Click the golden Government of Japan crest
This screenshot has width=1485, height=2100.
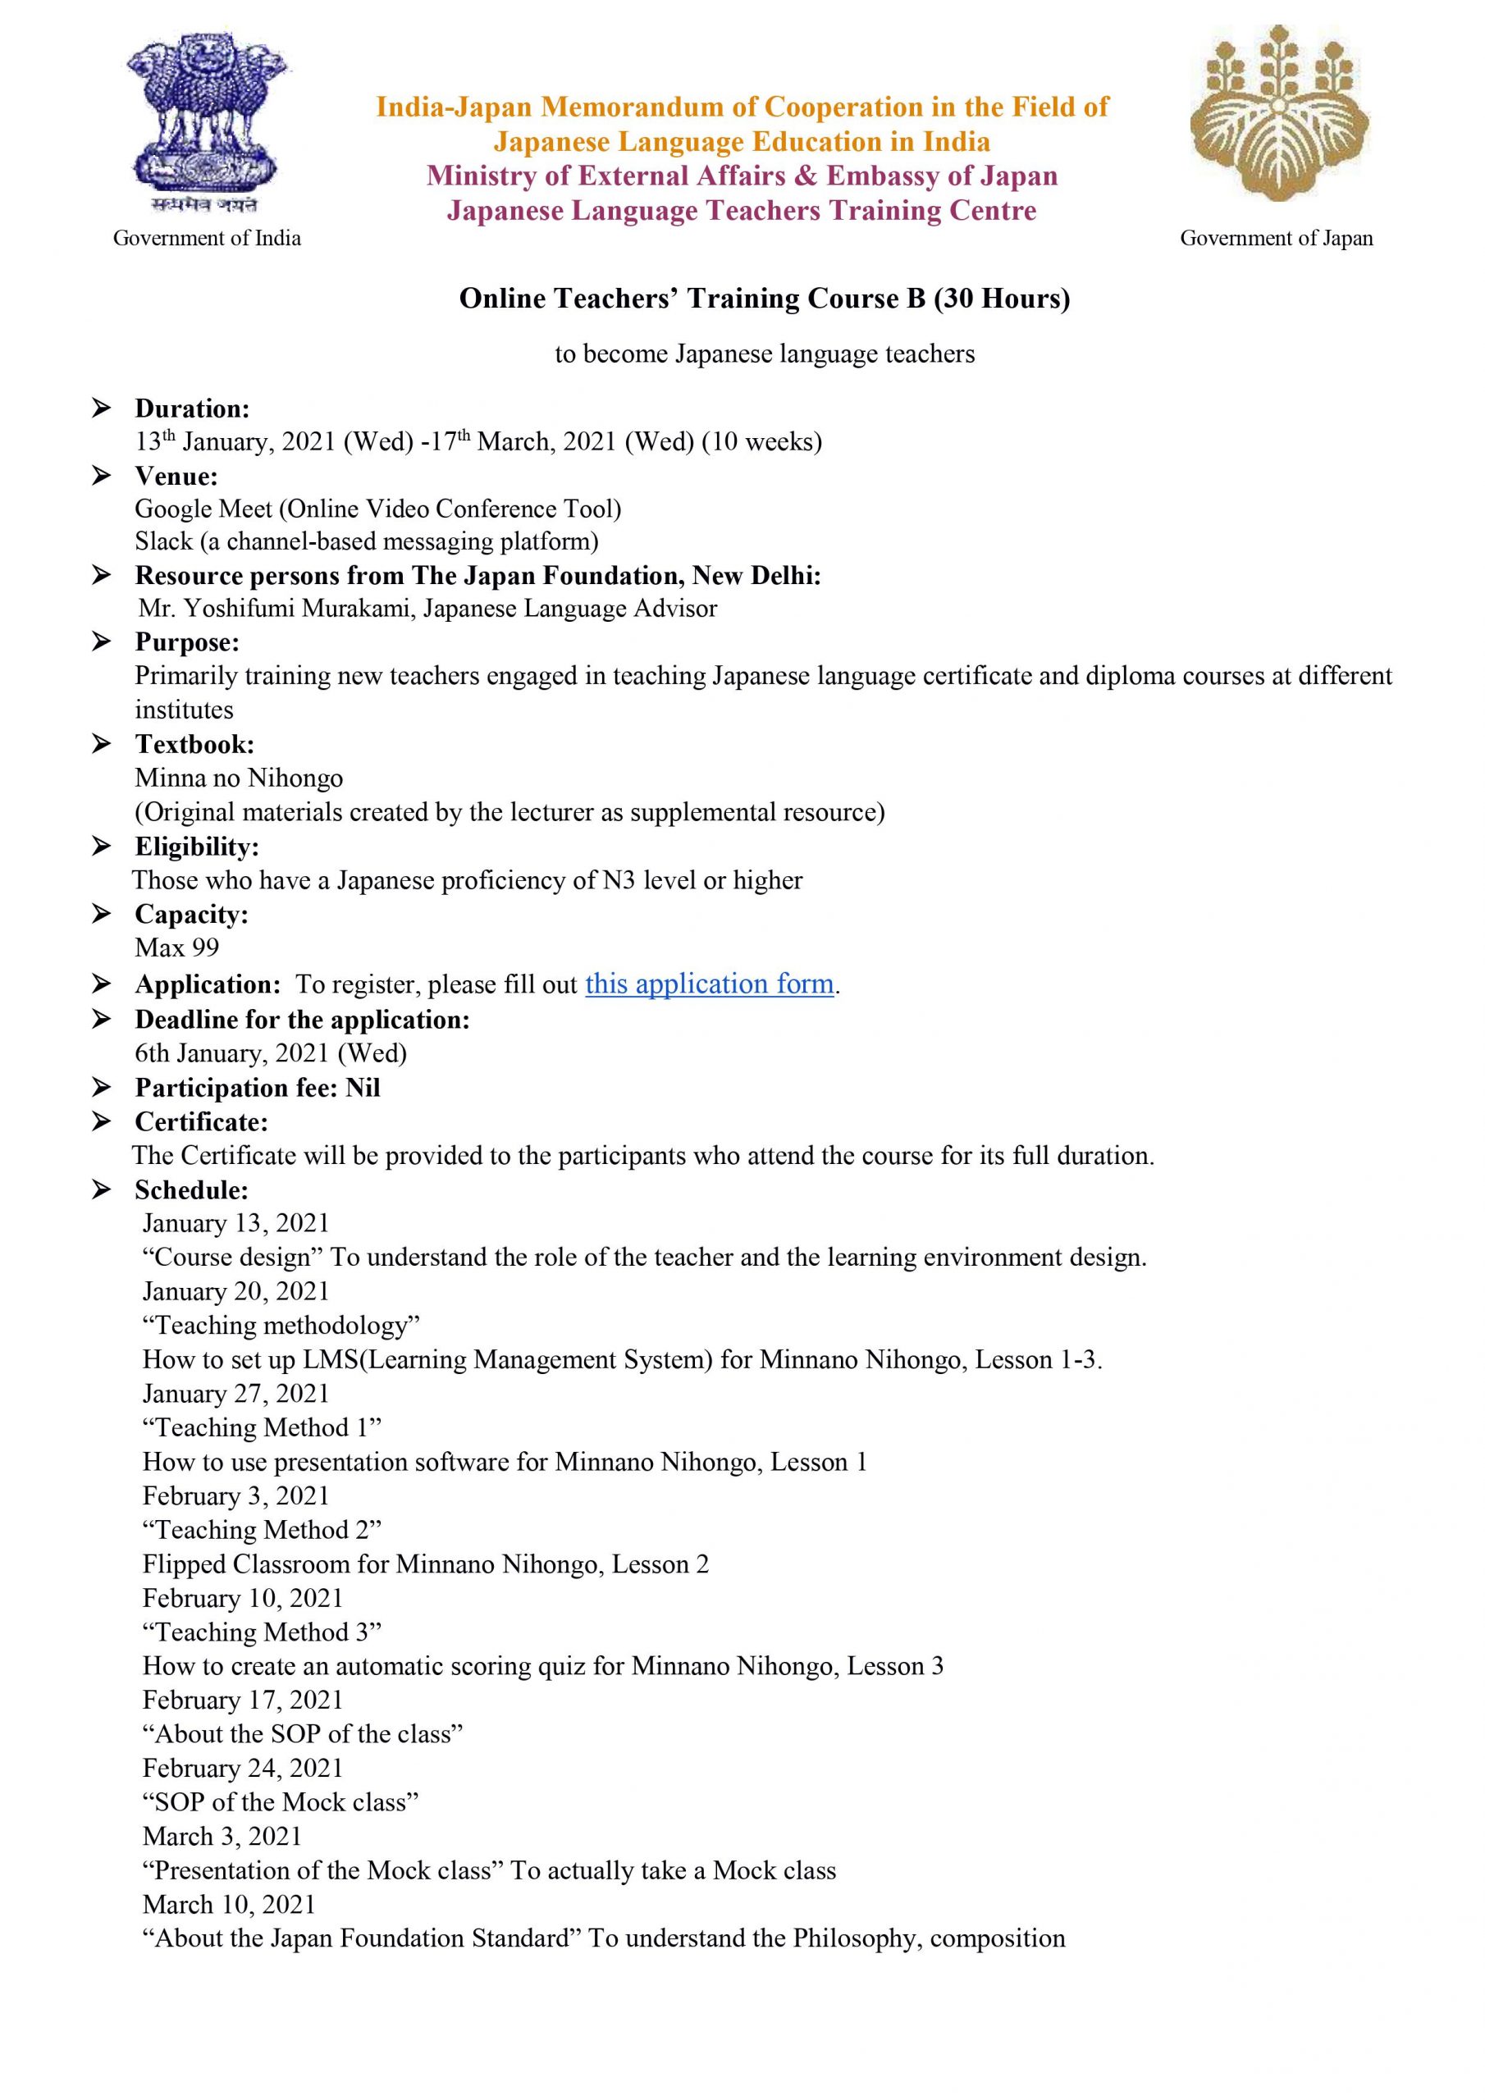(1278, 114)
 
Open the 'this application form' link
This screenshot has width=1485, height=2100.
(709, 984)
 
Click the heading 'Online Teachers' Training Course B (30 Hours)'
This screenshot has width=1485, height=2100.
(764, 299)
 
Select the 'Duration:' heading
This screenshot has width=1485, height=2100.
(192, 408)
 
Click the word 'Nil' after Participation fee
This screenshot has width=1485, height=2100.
(363, 1088)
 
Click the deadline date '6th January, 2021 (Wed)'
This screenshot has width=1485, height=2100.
(271, 1052)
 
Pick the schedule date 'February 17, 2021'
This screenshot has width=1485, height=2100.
(243, 1700)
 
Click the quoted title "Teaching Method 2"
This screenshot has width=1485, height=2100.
(262, 1529)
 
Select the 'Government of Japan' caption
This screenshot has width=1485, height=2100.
(1277, 239)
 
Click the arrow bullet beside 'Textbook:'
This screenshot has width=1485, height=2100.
(101, 745)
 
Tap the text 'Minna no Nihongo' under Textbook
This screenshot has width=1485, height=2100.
(239, 778)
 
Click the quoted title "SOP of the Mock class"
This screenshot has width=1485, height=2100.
(281, 1802)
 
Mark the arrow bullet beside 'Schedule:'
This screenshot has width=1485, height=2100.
(101, 1190)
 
